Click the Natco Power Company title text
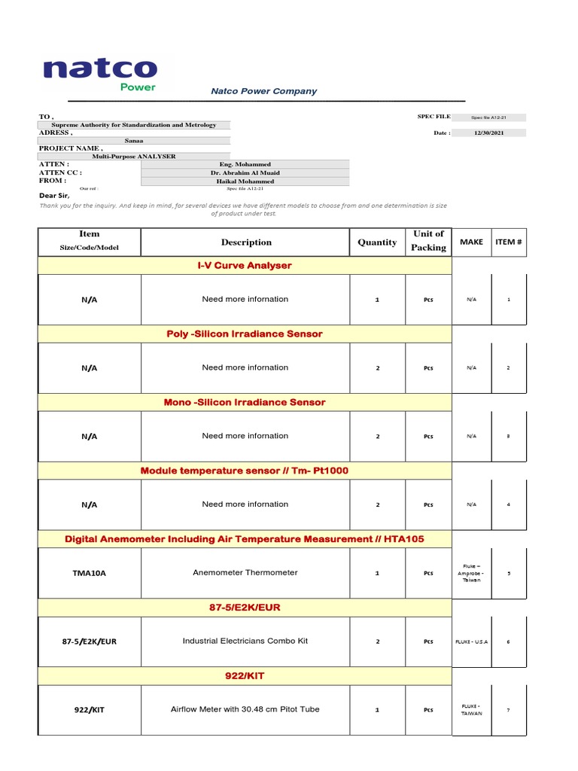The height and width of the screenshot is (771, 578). pyautogui.click(x=263, y=91)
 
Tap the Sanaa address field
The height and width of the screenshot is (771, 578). pyautogui.click(x=134, y=140)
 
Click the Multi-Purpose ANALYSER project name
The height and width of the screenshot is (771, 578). pyautogui.click(x=134, y=157)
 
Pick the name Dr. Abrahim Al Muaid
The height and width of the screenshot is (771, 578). pyautogui.click(x=245, y=172)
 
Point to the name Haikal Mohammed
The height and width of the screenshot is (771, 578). pyautogui.click(x=245, y=181)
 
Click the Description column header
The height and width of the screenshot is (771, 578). pyautogui.click(x=246, y=242)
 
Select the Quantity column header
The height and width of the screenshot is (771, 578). pyautogui.click(x=377, y=242)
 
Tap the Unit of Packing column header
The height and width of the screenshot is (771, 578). pyautogui.click(x=428, y=241)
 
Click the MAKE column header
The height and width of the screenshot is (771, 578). pyautogui.click(x=471, y=242)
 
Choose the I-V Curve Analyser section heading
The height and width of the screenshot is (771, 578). pyautogui.click(x=245, y=266)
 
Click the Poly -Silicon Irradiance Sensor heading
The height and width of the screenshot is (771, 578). pyautogui.click(x=245, y=334)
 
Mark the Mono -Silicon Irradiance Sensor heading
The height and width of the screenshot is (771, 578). pyautogui.click(x=245, y=402)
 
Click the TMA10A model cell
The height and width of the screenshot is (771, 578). pyautogui.click(x=89, y=573)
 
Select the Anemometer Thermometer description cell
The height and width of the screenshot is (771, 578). pyautogui.click(x=245, y=572)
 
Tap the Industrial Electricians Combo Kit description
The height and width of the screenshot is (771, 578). pyautogui.click(x=245, y=641)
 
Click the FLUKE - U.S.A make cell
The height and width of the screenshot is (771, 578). pyautogui.click(x=471, y=641)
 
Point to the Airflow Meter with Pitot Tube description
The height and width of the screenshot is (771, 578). pyautogui.click(x=245, y=709)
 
